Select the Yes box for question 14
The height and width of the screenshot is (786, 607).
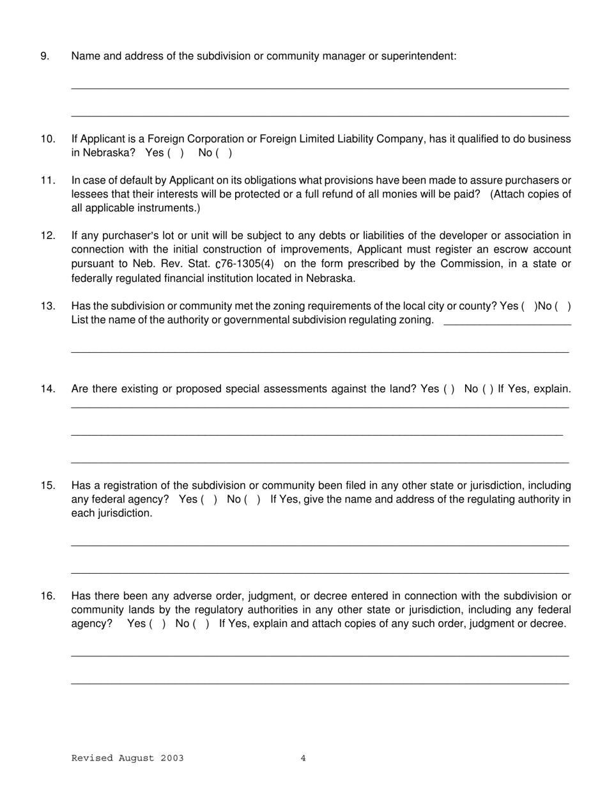tap(449, 389)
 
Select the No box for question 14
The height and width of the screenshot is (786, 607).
tap(488, 389)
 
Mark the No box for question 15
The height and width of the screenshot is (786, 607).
tap(252, 499)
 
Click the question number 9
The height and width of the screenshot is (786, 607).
tap(45, 56)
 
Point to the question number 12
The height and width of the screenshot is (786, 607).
tap(48, 236)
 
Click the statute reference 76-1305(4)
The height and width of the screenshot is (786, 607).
tap(247, 264)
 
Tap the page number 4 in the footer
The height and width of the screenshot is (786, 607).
tap(303, 759)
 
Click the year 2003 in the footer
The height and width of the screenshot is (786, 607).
tap(173, 759)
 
